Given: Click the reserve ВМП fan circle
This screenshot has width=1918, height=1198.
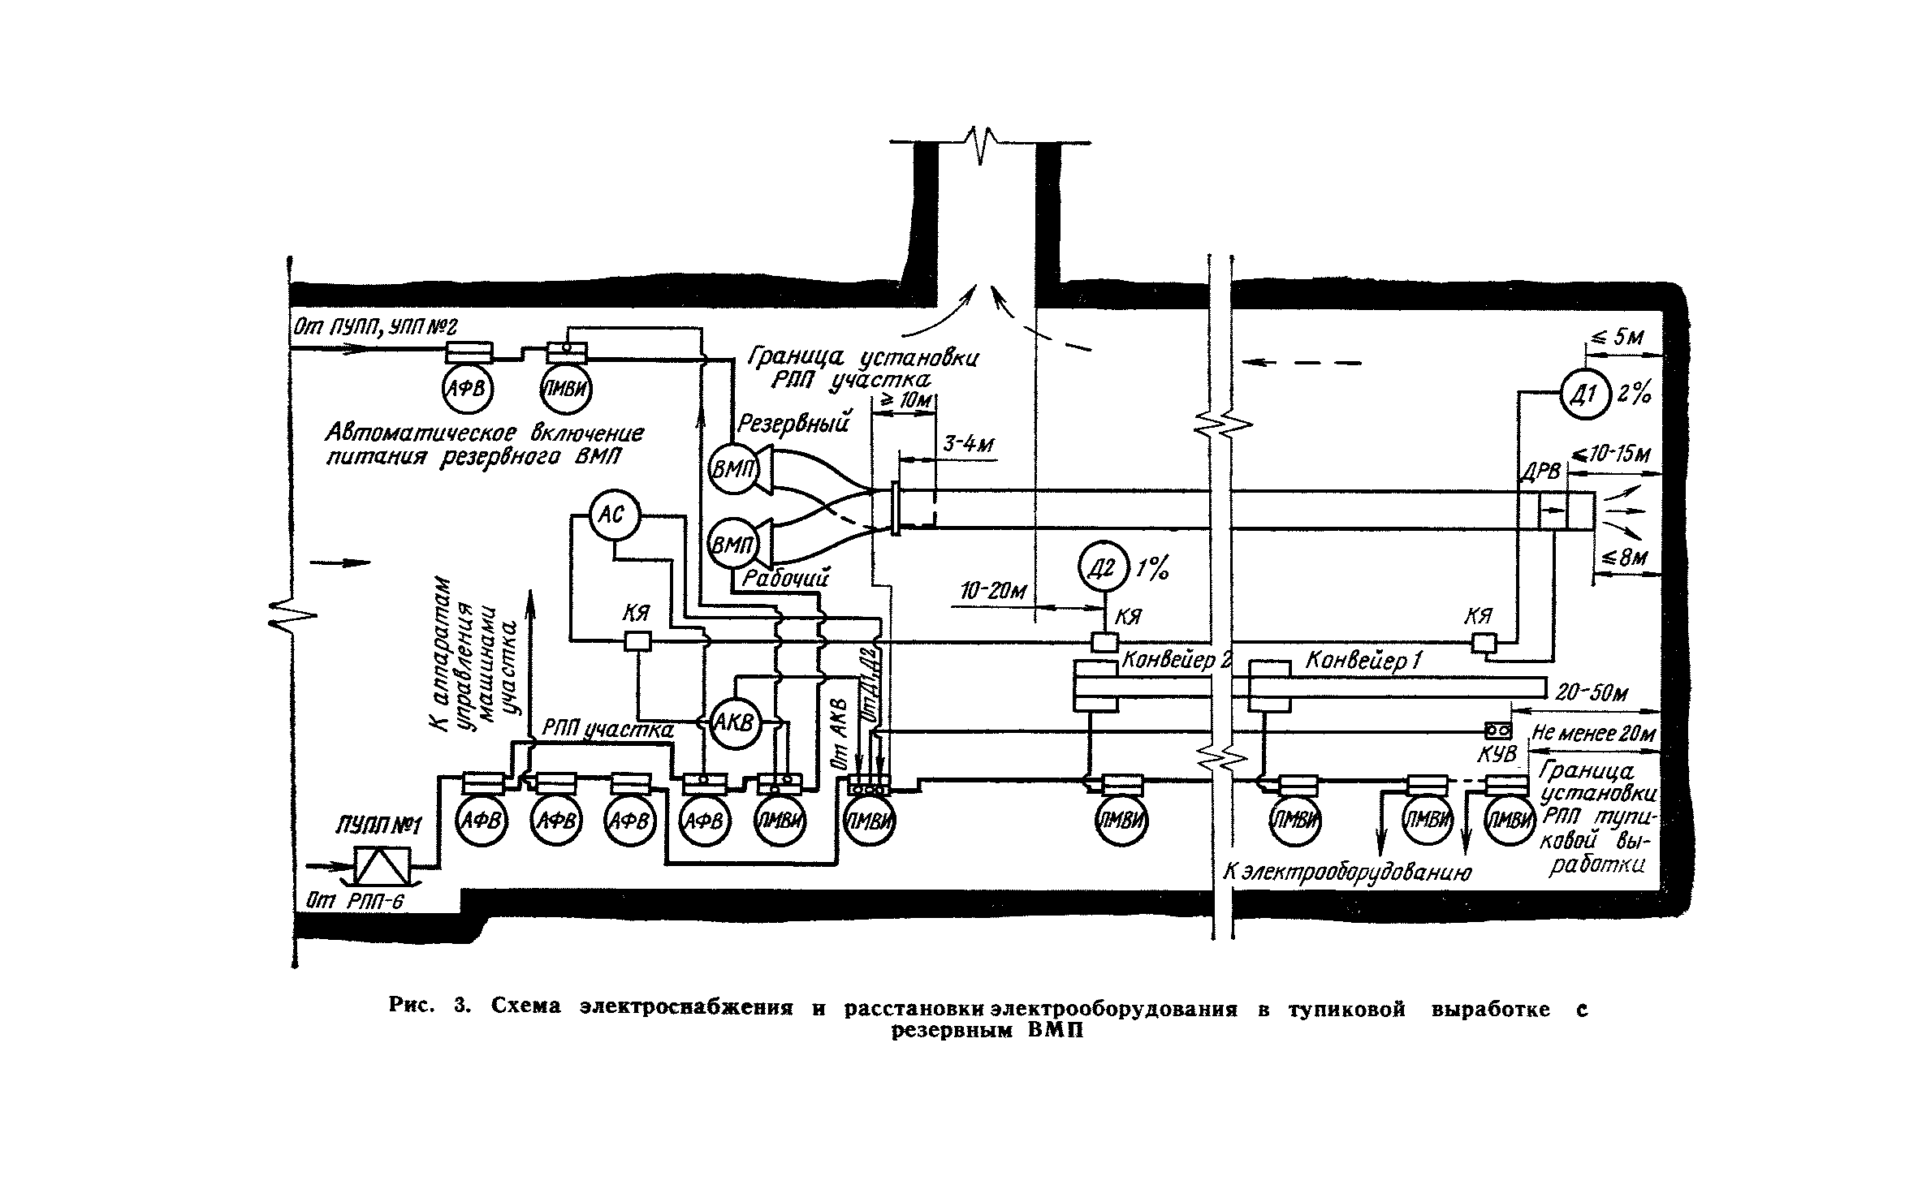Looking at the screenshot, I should (x=733, y=468).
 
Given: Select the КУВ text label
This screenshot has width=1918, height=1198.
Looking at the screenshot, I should (x=1497, y=754).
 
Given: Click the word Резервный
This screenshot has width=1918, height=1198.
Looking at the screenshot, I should (x=793, y=423).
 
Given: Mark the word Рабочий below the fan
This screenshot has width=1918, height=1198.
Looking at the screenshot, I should (x=785, y=579).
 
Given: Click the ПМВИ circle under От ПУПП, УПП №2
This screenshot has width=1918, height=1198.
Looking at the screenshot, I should (x=566, y=389).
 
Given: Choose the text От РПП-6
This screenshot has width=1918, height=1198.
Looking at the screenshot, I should (x=354, y=902).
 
